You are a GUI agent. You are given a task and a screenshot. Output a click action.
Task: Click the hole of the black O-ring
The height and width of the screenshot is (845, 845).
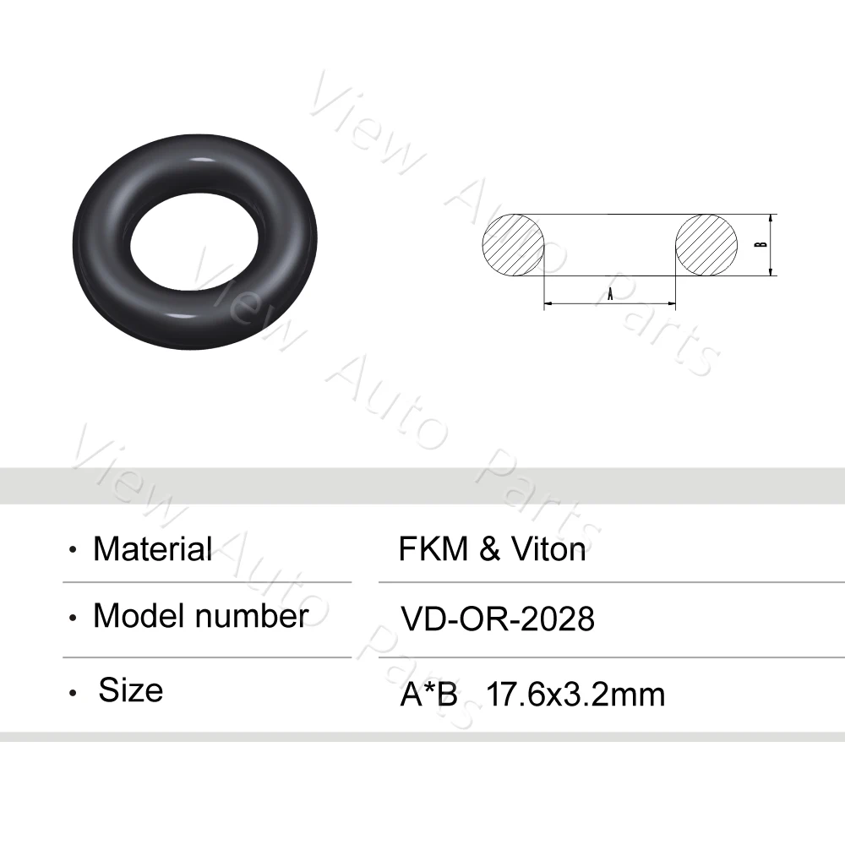coord(195,243)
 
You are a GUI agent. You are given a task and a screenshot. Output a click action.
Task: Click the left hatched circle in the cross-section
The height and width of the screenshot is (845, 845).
coord(514,244)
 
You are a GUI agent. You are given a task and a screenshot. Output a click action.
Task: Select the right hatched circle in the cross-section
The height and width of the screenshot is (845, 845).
coord(706,244)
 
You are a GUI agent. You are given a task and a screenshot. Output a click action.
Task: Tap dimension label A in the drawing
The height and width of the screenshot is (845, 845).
coord(610,292)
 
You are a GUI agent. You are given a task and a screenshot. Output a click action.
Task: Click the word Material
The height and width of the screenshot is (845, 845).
coord(152,549)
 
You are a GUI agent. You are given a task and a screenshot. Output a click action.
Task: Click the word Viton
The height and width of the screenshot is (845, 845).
coord(548,550)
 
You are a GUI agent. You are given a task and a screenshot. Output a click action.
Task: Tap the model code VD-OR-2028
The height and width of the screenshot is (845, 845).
coord(497,619)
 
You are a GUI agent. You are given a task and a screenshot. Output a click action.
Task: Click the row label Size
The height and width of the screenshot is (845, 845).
coord(130,690)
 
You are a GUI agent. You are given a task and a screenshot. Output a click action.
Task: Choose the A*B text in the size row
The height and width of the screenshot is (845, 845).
coord(428,695)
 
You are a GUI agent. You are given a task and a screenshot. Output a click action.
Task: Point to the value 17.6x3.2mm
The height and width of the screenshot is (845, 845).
coord(575,695)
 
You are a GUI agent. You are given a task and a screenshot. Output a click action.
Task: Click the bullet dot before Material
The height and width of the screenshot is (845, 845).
coord(74,551)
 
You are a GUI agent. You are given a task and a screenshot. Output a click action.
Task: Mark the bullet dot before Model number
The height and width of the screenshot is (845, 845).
coord(74,619)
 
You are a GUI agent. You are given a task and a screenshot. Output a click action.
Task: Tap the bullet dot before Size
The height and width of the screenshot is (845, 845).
coord(74,693)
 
